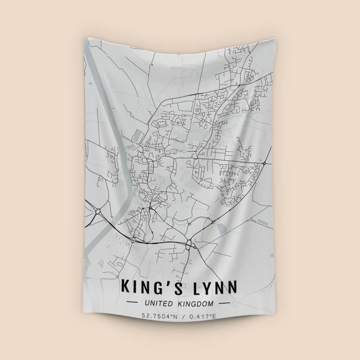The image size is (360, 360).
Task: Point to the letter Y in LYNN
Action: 204,286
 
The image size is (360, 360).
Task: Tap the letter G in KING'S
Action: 162,286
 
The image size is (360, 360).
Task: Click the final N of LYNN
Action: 233,286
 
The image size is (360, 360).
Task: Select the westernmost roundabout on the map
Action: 98,211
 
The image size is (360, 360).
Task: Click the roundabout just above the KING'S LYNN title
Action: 189,244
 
